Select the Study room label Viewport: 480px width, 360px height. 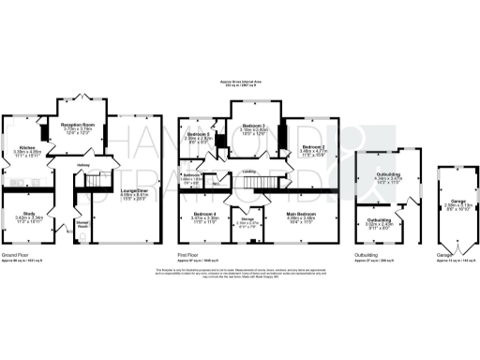27,214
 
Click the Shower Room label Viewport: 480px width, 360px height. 83,223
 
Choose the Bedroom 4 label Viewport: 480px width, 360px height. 205,214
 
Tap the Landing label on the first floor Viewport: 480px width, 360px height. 253,172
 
